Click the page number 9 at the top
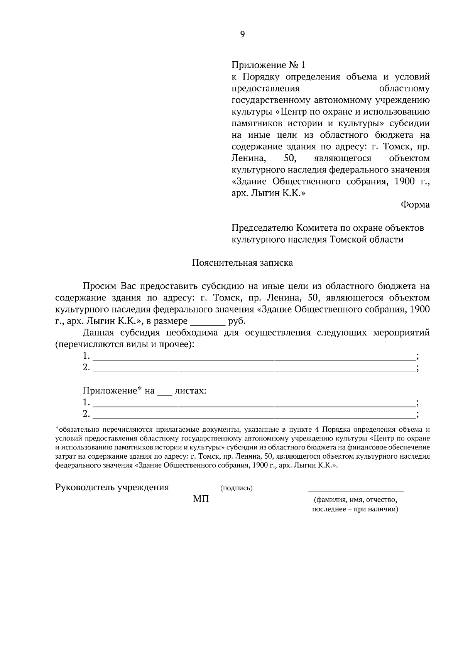click(242, 34)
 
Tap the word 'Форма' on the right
click(415, 204)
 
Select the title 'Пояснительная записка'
click(242, 263)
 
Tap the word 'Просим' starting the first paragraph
click(99, 286)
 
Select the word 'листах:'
click(191, 391)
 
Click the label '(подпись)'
click(236, 488)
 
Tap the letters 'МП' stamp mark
click(201, 499)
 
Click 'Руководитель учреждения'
click(112, 487)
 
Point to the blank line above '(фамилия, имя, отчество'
click(355, 491)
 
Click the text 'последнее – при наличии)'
click(355, 509)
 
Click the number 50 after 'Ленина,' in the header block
click(289, 158)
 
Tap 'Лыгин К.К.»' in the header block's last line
click(278, 193)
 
